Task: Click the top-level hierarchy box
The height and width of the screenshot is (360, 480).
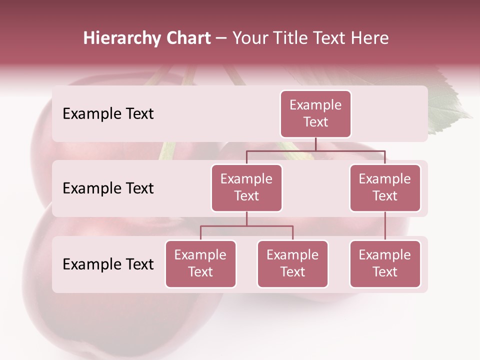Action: tap(315, 113)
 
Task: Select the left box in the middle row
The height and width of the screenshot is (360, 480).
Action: tap(246, 187)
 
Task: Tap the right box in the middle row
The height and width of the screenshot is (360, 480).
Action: tap(385, 187)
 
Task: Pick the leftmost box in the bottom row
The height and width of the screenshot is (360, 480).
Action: tap(200, 263)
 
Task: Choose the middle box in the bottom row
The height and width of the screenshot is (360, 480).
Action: tap(292, 263)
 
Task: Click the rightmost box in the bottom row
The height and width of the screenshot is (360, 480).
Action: tap(385, 263)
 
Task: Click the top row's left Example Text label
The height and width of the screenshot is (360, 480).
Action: tap(108, 114)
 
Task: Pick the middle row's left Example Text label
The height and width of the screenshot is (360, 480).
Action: tap(108, 188)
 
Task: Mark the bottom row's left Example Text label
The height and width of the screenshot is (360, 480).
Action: tap(108, 264)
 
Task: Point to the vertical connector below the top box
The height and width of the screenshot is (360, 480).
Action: tap(315, 144)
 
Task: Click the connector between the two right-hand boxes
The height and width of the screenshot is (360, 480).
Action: tap(385, 225)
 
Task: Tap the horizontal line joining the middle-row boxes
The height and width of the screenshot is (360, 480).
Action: tap(315, 150)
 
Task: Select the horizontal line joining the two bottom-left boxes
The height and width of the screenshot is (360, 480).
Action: tap(246, 226)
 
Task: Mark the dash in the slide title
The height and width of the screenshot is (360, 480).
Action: tap(221, 38)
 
